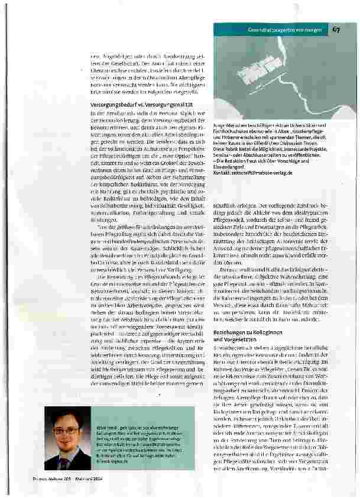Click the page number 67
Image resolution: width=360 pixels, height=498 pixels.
pos(335,30)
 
